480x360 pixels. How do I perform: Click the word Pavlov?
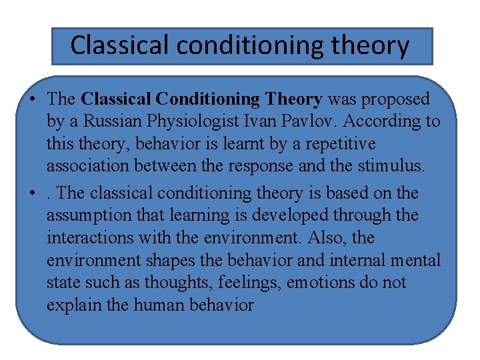pyautogui.click(x=319, y=121)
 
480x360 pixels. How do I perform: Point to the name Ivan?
pyautogui.click(x=270, y=121)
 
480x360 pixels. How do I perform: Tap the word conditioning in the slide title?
pyautogui.click(x=230, y=45)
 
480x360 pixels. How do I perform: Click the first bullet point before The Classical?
pyautogui.click(x=32, y=100)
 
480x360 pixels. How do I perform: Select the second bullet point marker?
pyautogui.click(x=32, y=194)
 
